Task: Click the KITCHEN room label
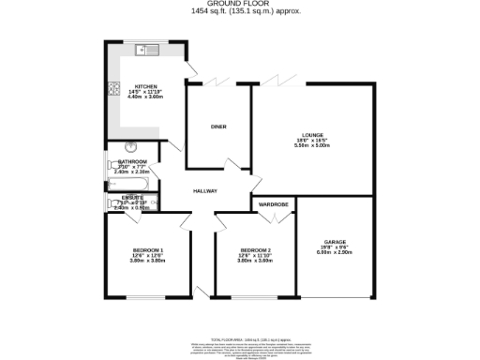click(x=144, y=86)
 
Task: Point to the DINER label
click(x=218, y=127)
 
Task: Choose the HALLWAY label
click(x=205, y=191)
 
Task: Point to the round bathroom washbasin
click(x=130, y=147)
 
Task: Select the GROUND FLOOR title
click(x=240, y=4)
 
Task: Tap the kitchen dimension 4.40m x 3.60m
click(x=144, y=97)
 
